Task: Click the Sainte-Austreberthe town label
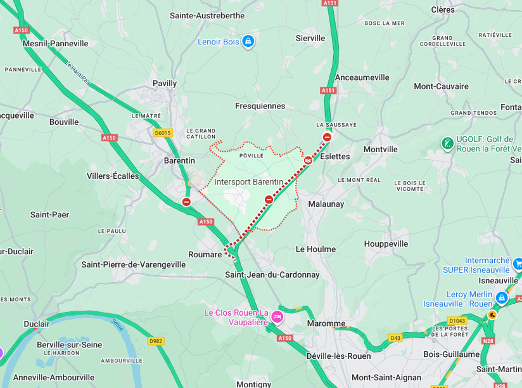tap(207, 16)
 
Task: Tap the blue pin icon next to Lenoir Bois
tap(248, 42)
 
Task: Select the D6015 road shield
tap(163, 133)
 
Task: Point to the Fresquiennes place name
tap(260, 106)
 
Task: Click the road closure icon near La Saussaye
tap(327, 137)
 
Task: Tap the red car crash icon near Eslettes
tap(308, 160)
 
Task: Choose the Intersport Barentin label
tap(248, 182)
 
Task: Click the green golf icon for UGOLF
tap(448, 144)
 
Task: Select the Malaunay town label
tap(326, 204)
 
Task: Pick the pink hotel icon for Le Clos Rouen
tap(277, 317)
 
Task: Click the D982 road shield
tap(156, 341)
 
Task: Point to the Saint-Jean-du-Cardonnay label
tap(272, 275)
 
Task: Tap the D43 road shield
tap(396, 337)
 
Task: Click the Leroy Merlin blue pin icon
tap(502, 297)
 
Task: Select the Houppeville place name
tap(386, 243)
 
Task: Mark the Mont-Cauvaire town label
tap(441, 86)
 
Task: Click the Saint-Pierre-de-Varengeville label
tap(134, 264)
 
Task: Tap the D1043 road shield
tap(457, 321)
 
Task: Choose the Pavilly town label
tap(165, 83)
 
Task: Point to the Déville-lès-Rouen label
tap(338, 356)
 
